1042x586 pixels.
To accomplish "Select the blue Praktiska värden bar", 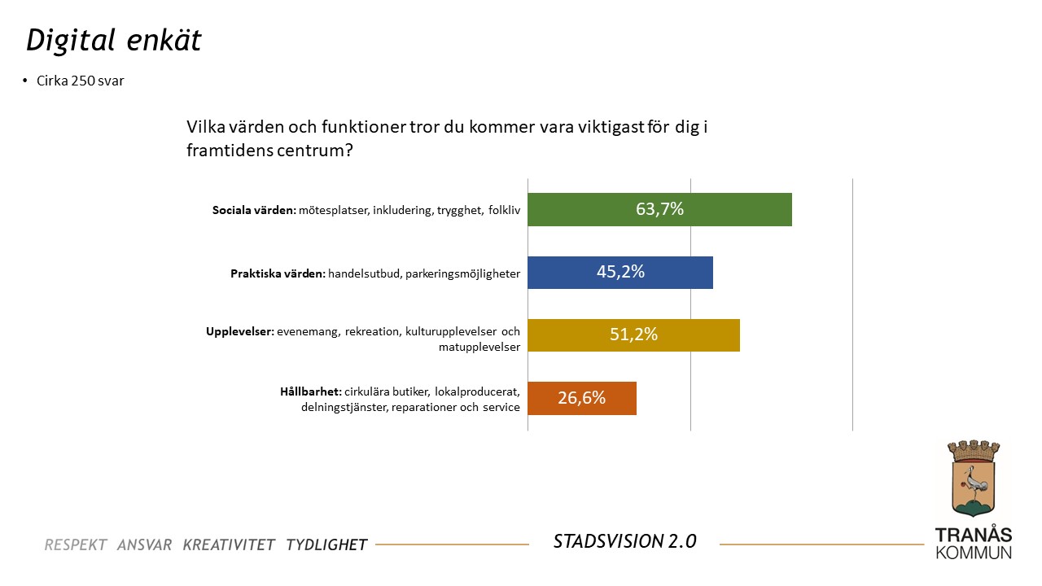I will click(x=562, y=273).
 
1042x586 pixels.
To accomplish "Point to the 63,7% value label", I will click(x=659, y=209).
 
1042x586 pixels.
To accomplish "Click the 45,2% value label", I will click(x=620, y=273).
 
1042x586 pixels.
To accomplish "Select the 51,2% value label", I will click(x=633, y=335).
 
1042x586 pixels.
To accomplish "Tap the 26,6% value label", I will click(x=581, y=398).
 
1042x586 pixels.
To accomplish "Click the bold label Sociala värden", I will click(x=252, y=210).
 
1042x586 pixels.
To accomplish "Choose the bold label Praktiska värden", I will click(x=278, y=273).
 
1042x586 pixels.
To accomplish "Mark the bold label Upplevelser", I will click(x=239, y=332).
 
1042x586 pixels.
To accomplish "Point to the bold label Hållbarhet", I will click(x=310, y=391).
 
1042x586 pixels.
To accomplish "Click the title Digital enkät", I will click(x=113, y=41).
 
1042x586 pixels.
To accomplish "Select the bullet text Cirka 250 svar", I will click(x=80, y=81).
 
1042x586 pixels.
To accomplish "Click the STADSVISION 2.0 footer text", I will click(x=624, y=541).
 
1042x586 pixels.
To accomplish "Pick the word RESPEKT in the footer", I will click(x=76, y=544).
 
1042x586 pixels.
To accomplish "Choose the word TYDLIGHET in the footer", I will click(x=326, y=544).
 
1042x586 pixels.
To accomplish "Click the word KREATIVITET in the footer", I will click(x=229, y=544).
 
